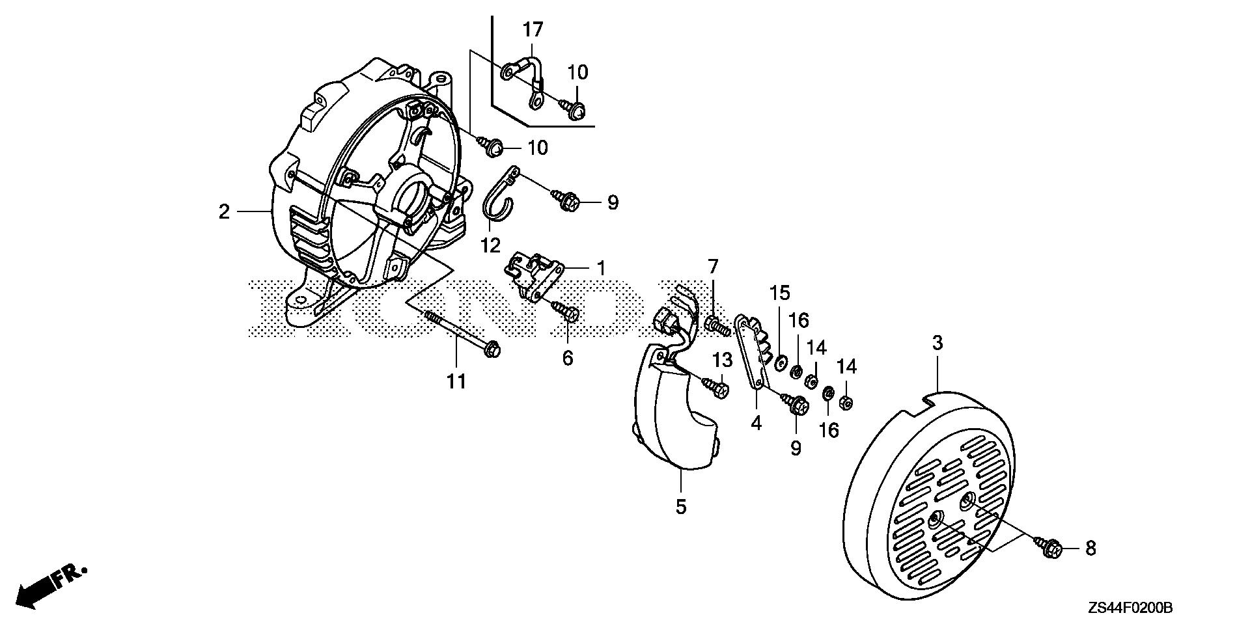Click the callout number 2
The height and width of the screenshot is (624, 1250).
click(224, 211)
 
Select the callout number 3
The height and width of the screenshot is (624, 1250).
click(937, 343)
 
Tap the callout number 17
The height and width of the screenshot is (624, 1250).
click(533, 29)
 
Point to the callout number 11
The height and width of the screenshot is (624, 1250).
click(456, 381)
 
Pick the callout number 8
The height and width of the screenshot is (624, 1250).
click(1090, 549)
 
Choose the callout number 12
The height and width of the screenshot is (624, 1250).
click(490, 245)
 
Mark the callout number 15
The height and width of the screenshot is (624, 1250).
click(780, 293)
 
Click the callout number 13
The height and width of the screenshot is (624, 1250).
click(722, 360)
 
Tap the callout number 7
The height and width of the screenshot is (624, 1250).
click(713, 266)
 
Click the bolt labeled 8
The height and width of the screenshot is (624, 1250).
click(1049, 543)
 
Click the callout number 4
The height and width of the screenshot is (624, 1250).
click(755, 423)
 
